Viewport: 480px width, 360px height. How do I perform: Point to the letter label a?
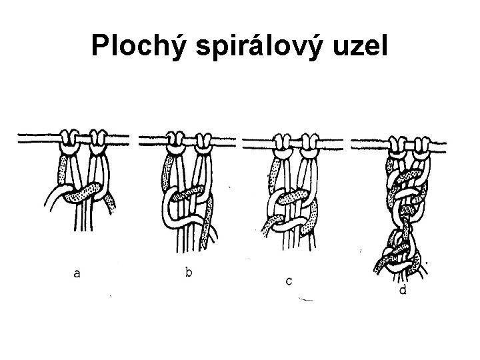pos(78,273)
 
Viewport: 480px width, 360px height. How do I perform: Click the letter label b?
pos(190,272)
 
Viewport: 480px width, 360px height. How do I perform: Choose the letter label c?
pos(289,281)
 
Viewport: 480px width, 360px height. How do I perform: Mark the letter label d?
pos(403,291)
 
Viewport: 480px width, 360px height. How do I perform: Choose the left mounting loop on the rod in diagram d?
pos(398,142)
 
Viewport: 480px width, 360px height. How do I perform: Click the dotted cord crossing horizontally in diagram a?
pos(83,193)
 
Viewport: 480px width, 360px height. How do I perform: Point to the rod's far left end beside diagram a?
pos(21,139)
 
